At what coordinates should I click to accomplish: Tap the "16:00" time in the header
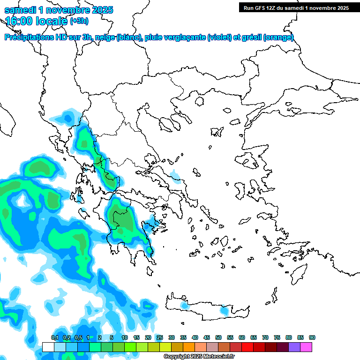[18, 21]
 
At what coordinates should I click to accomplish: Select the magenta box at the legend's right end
[306, 347]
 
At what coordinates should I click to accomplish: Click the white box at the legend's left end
[48, 347]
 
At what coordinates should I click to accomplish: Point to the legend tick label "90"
[312, 337]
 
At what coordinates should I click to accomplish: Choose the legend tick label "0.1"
[54, 337]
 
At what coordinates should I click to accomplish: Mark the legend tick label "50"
[218, 337]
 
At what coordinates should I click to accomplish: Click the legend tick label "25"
[160, 337]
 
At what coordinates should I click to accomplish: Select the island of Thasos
[199, 101]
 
